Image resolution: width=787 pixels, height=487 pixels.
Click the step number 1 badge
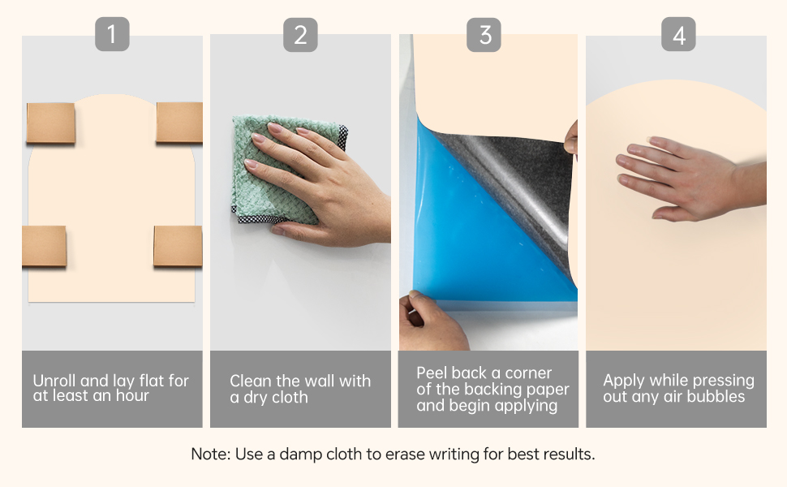tap(112, 34)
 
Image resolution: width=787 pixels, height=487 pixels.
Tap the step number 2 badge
tap(300, 35)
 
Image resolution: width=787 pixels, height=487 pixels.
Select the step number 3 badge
tap(484, 35)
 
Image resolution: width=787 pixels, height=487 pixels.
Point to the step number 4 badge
tap(678, 34)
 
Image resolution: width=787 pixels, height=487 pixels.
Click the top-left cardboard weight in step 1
tap(50, 123)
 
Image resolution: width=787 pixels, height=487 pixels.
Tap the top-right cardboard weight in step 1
tap(179, 122)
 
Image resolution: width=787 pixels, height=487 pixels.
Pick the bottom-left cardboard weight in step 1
tap(44, 246)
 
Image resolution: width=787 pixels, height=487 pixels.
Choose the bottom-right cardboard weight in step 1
tap(178, 245)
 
